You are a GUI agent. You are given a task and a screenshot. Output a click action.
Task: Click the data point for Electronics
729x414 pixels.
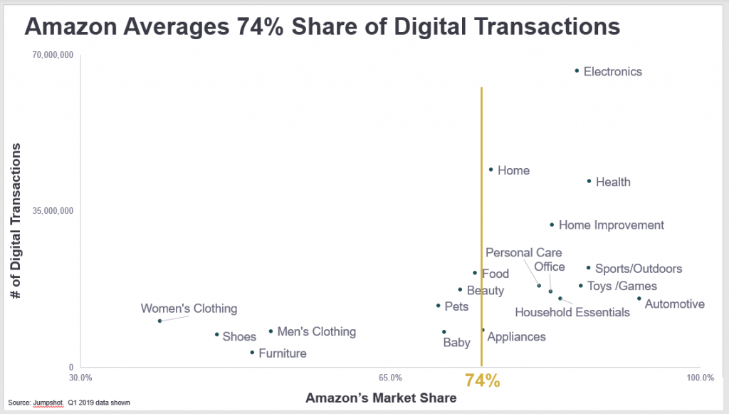point(577,71)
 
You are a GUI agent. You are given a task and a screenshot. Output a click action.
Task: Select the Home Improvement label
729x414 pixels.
point(611,225)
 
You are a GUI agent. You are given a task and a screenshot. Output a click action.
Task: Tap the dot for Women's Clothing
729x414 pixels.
point(159,321)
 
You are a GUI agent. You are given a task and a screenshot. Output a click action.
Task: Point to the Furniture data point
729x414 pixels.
point(252,352)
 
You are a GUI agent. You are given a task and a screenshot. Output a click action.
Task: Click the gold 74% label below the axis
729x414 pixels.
point(483,381)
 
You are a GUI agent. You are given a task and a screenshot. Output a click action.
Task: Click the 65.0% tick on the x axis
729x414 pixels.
point(391,378)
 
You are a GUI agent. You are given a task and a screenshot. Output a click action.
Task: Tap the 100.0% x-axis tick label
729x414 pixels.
point(700,378)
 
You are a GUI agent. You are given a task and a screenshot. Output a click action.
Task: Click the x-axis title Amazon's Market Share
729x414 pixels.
point(381,398)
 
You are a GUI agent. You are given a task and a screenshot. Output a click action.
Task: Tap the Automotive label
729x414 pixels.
point(674,304)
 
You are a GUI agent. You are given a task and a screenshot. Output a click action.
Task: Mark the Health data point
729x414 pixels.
point(589,181)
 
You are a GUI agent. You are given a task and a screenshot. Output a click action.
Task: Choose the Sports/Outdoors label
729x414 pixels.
point(639,269)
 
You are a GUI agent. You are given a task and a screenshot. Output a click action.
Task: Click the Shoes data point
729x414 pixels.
point(217,334)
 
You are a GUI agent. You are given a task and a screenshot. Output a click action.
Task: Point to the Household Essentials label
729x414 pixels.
point(572,312)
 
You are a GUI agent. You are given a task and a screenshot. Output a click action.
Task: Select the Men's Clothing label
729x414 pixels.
point(316,331)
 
